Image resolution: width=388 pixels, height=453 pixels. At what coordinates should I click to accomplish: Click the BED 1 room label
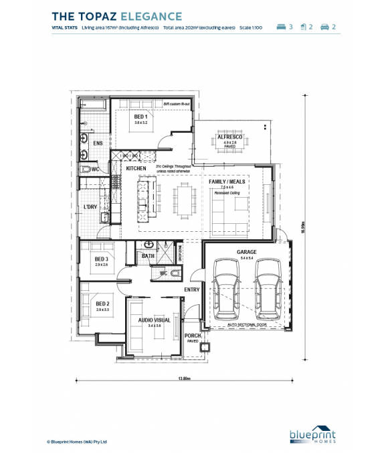coord(140,117)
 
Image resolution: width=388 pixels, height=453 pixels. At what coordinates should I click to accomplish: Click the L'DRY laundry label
coord(90,207)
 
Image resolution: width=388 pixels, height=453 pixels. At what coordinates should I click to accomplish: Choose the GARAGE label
coord(247,252)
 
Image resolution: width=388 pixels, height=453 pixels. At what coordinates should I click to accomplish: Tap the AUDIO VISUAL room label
coord(155,320)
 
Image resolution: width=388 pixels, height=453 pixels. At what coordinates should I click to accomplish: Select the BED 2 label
coord(102,304)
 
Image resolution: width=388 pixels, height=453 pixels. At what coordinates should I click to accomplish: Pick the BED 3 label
coord(102,259)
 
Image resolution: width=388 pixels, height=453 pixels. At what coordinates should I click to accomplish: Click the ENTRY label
coord(192,289)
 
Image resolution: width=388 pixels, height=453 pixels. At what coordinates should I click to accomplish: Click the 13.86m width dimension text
coord(185,379)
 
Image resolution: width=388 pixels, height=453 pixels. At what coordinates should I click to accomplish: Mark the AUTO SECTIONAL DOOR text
coord(247,324)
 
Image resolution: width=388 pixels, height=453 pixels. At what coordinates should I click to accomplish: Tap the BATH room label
coord(148,255)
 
